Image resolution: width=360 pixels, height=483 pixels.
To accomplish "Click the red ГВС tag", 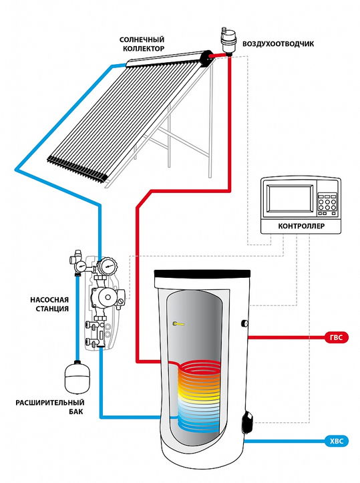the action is pyautogui.click(x=337, y=337).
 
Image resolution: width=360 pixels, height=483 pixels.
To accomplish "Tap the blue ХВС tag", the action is pyautogui.click(x=337, y=441).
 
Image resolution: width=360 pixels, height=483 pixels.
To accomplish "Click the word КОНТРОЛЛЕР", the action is pyautogui.click(x=301, y=226).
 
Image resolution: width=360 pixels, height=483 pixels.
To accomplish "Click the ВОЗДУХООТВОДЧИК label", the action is pyautogui.click(x=278, y=43).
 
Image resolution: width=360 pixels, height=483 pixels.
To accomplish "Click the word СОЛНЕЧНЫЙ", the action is pyautogui.click(x=142, y=39).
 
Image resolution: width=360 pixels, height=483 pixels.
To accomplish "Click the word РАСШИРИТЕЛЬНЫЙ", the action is pyautogui.click(x=50, y=403).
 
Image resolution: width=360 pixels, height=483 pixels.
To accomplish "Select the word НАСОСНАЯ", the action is pyautogui.click(x=49, y=300).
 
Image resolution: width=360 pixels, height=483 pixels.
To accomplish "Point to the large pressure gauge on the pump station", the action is pyautogui.click(x=107, y=265).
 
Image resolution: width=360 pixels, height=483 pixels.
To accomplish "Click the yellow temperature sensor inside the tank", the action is pyautogui.click(x=178, y=324).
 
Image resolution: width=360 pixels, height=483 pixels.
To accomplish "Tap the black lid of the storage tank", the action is pyautogui.click(x=202, y=273).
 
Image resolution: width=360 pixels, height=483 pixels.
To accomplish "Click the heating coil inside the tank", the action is pyautogui.click(x=199, y=395).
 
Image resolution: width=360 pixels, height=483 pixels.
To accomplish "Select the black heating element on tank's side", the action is pyautogui.click(x=248, y=422).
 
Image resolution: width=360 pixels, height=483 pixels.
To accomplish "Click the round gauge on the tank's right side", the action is pyautogui.click(x=245, y=323).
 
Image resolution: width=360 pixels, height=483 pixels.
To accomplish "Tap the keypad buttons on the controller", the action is pyautogui.click(x=327, y=204).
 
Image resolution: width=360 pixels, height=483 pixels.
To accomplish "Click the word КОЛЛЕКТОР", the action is pyautogui.click(x=144, y=49).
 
